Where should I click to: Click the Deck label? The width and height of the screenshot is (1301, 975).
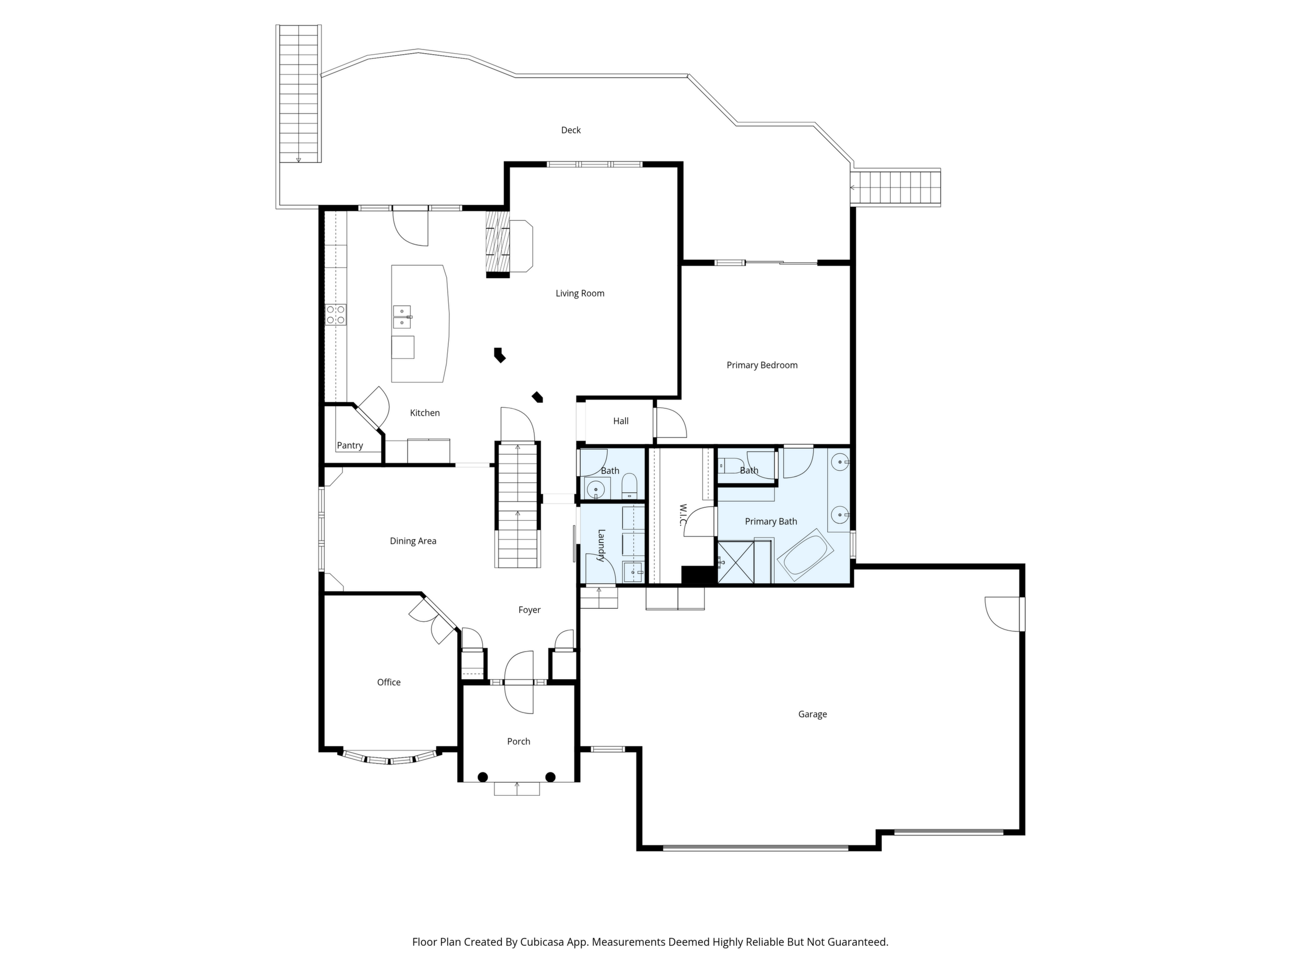point(571,130)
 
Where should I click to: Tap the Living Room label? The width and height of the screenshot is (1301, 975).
point(580,293)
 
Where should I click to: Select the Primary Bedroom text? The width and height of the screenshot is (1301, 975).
point(762,365)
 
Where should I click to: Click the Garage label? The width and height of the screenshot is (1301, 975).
point(812,714)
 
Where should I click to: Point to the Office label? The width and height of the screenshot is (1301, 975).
point(389,682)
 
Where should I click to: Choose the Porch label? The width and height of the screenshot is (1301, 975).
point(518,741)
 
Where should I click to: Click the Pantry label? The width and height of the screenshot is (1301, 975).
point(350,445)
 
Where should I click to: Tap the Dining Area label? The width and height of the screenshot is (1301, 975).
point(413,541)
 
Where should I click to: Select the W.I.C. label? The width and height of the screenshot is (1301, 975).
point(683,515)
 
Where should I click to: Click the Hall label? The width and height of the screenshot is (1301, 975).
point(620,421)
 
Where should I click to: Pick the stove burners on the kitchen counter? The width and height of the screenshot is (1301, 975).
point(336,315)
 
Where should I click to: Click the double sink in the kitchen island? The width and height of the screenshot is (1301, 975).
point(402,317)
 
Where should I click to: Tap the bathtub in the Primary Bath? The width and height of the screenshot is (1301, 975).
point(805,555)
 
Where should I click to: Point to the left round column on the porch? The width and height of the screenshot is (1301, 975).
point(482,777)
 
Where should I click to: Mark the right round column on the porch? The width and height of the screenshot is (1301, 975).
point(550,777)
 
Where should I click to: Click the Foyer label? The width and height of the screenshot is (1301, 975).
point(530,610)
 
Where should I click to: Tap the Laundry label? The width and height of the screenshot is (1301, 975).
point(601,545)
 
